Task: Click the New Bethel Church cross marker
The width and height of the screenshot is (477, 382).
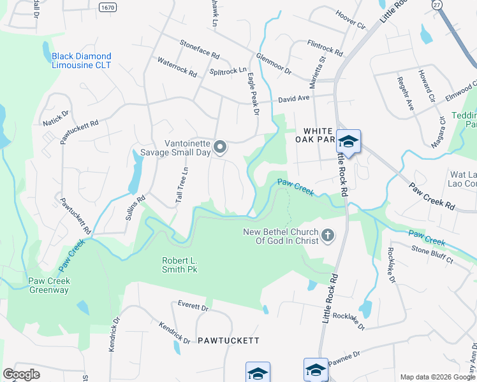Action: [x=328, y=236]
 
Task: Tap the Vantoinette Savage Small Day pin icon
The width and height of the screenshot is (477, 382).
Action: [x=220, y=148]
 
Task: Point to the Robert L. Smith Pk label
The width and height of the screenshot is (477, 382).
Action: [x=179, y=265]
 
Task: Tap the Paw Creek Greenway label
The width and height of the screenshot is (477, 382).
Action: [x=49, y=285]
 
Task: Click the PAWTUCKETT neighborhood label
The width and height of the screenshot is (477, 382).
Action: [x=228, y=341]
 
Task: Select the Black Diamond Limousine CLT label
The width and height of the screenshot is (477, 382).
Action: [x=82, y=60]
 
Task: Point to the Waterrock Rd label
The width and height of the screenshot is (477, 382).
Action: [x=177, y=67]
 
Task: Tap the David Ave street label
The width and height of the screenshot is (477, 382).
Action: [x=293, y=99]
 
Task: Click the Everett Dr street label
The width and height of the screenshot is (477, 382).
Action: [x=193, y=307]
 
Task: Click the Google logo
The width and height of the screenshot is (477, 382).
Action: [x=21, y=374]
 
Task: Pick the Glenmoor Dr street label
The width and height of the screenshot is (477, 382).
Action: [x=274, y=64]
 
